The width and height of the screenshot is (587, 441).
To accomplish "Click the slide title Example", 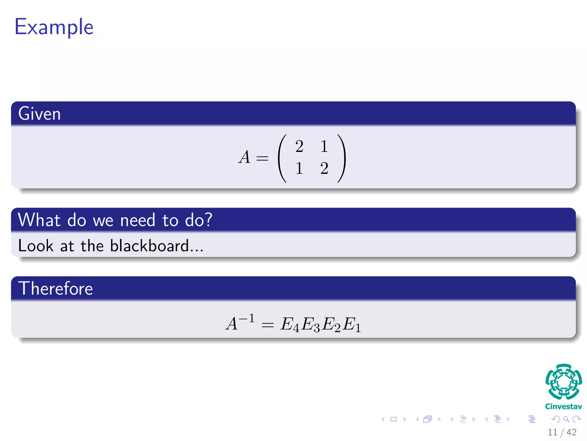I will click(x=54, y=27).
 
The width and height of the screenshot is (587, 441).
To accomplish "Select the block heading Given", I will click(x=40, y=114).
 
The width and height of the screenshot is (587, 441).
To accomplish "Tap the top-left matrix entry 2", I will click(x=299, y=146).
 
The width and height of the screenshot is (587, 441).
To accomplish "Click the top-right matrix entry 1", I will click(x=324, y=146).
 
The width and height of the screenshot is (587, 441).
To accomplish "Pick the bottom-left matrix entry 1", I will click(x=299, y=168).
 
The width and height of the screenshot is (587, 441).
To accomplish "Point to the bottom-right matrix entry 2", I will click(x=324, y=168).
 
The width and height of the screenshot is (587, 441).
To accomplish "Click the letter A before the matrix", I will click(x=244, y=157).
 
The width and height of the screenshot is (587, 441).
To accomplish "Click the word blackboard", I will click(x=149, y=246).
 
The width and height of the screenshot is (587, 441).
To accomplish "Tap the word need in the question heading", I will click(x=138, y=220).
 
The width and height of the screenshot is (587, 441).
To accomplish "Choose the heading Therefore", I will click(x=56, y=289).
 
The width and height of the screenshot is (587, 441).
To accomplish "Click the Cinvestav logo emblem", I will click(x=563, y=382).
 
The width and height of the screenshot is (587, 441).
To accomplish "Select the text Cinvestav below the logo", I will click(x=563, y=407).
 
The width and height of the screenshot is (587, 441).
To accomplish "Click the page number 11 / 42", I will click(x=562, y=432).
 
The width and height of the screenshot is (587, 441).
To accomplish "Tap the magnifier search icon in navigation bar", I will click(x=566, y=419).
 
